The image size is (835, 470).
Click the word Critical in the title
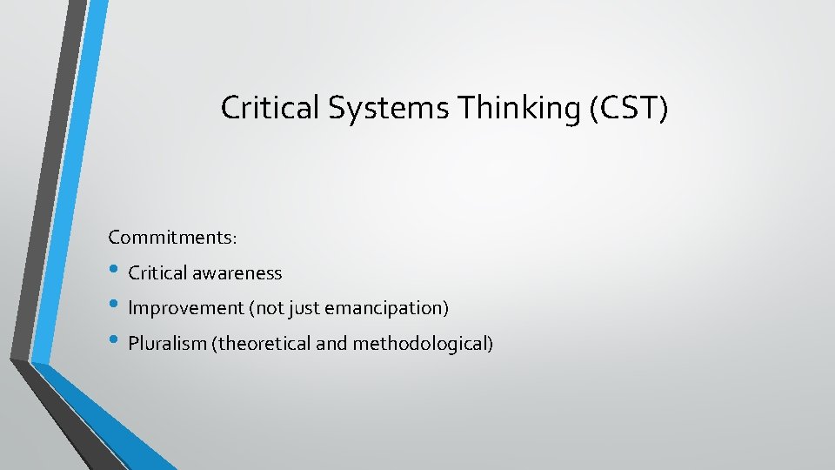click(x=263, y=107)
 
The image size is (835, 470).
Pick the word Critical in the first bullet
click(x=157, y=273)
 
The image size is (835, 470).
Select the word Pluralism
click(x=166, y=344)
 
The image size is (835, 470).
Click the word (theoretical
click(x=260, y=344)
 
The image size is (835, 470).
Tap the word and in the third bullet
click(x=331, y=344)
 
